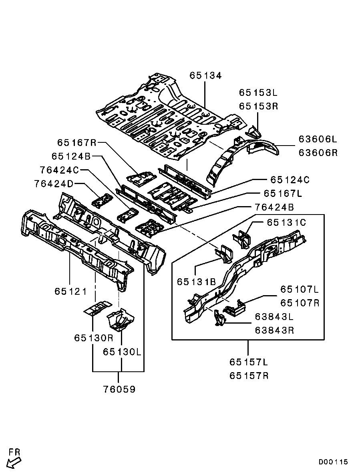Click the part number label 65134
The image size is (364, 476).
click(x=205, y=75)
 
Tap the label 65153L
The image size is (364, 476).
click(x=258, y=92)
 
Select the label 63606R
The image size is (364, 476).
click(x=318, y=152)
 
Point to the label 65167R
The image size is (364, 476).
click(x=76, y=142)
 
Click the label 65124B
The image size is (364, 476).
click(x=71, y=156)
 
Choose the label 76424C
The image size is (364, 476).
click(x=59, y=170)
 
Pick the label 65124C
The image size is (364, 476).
click(x=290, y=180)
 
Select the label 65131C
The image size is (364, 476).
click(x=286, y=223)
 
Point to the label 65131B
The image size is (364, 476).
click(x=196, y=282)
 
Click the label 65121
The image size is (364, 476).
click(x=70, y=292)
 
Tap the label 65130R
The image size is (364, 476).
click(x=94, y=338)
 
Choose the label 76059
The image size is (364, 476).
click(x=119, y=389)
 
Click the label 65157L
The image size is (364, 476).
click(x=249, y=362)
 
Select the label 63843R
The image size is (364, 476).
click(x=274, y=330)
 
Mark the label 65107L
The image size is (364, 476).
click(x=300, y=289)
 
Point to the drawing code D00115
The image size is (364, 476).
click(x=333, y=462)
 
